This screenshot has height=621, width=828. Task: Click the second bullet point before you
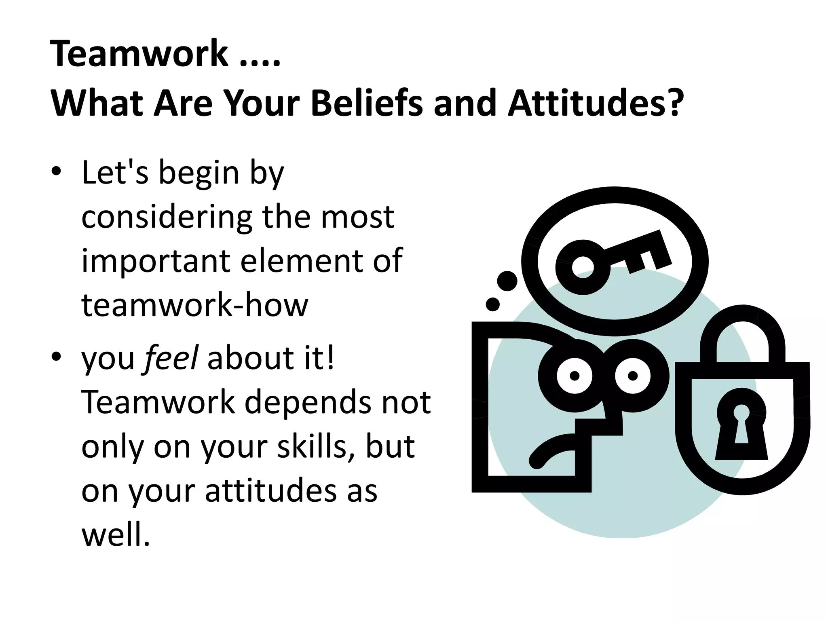pos(56,357)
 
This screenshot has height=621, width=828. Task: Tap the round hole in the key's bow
pos(582,267)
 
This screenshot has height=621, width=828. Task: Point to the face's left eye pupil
pos(575,376)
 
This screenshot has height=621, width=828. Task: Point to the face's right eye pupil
pos(633,376)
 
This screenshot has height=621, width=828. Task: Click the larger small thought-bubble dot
pos(507,281)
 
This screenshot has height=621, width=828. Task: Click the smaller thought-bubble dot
pos(492,304)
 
